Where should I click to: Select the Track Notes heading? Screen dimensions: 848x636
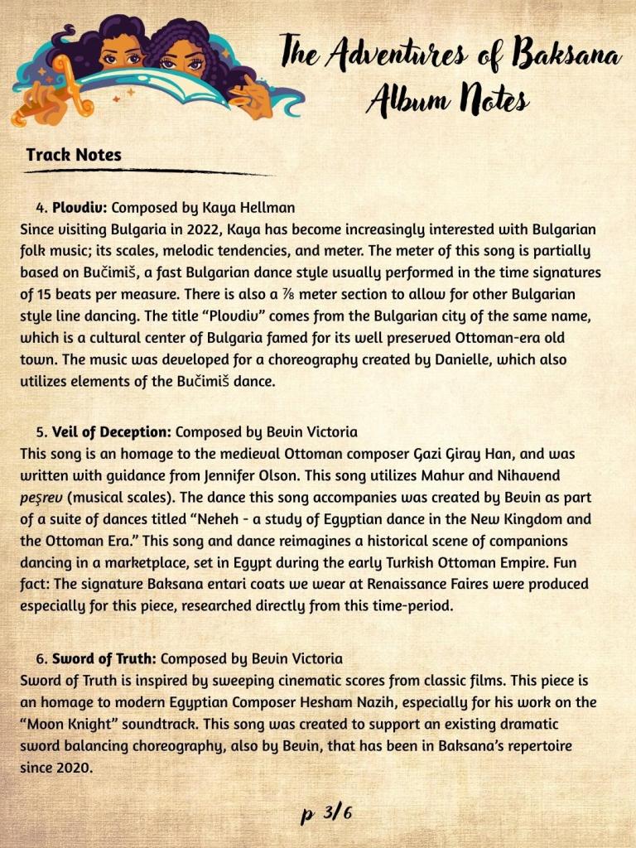tap(73, 155)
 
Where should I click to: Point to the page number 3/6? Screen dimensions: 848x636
tap(326, 812)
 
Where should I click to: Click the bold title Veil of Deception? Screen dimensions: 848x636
tap(112, 432)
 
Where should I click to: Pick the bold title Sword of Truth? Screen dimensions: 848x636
tap(104, 660)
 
